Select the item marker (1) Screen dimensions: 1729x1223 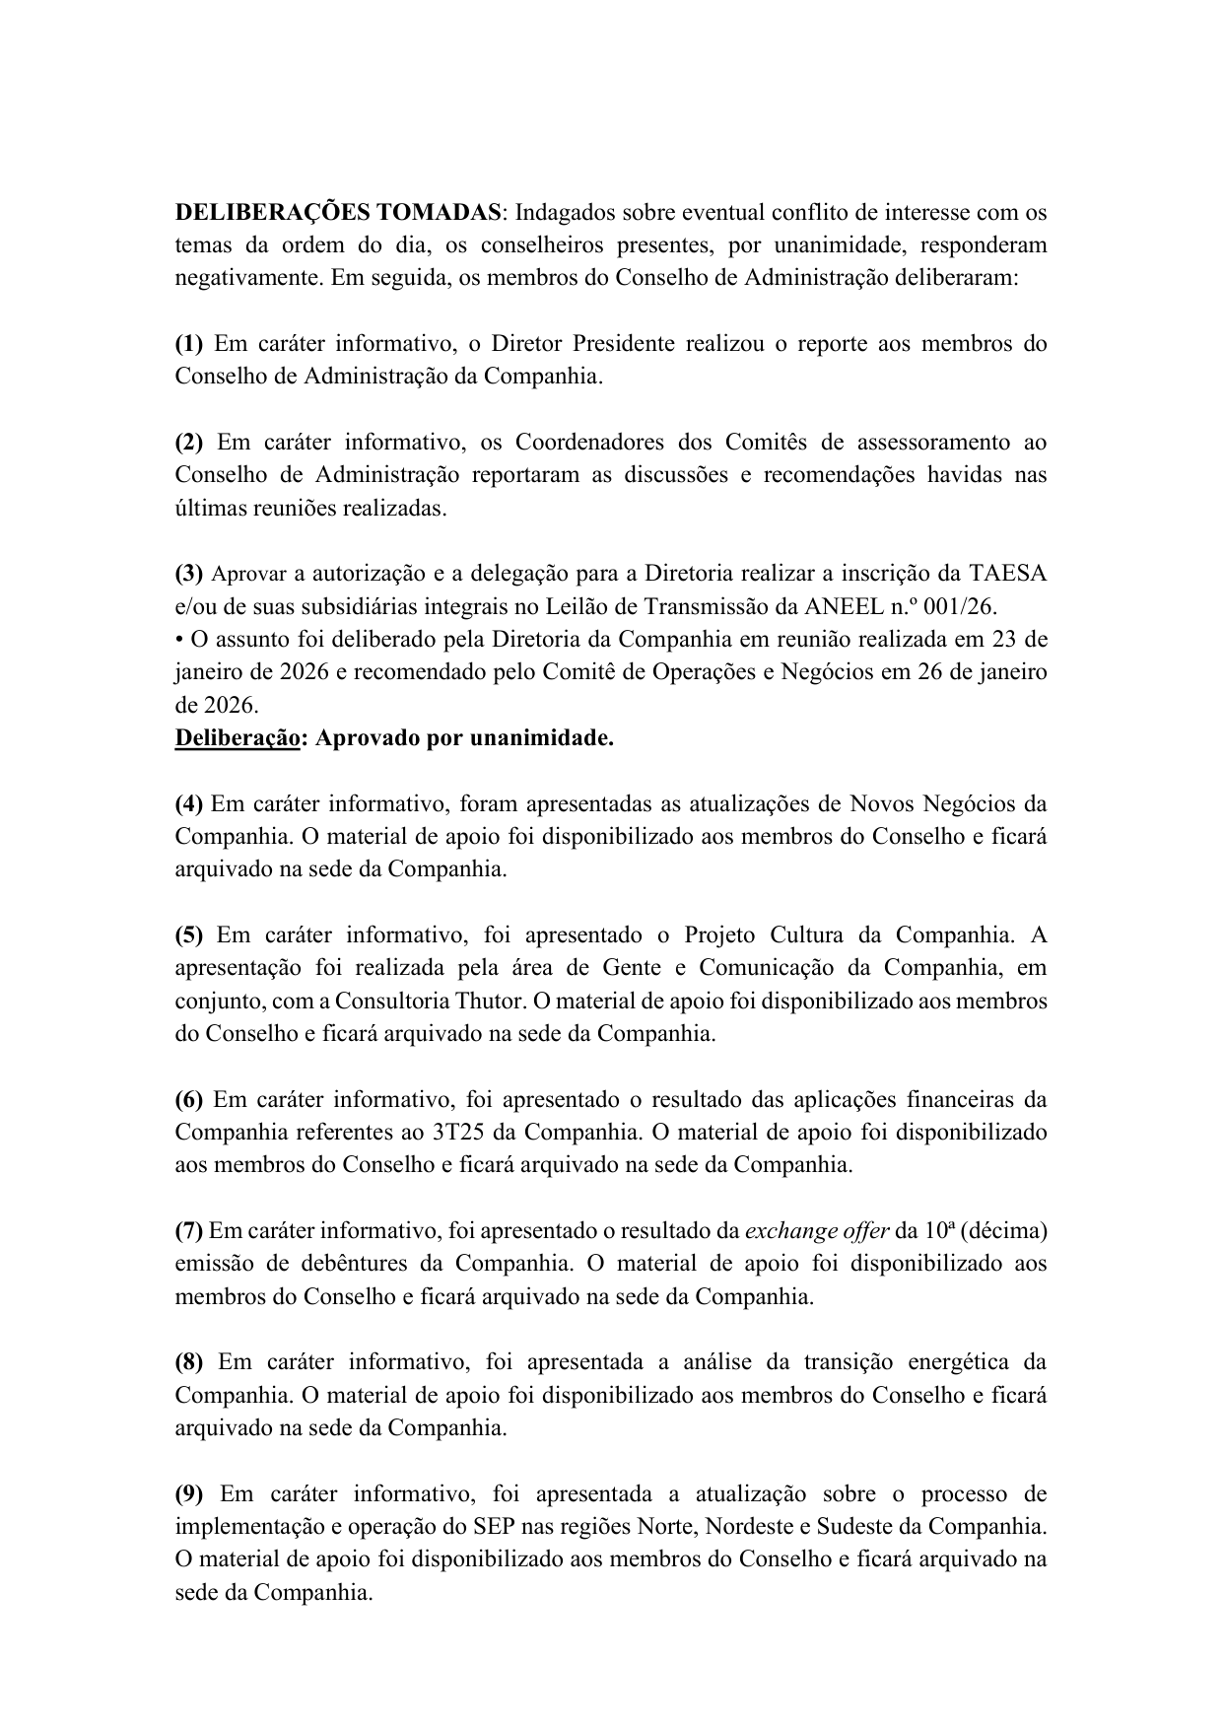pos(188,344)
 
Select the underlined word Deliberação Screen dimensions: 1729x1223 pos(237,738)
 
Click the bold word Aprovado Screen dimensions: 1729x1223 pos(366,738)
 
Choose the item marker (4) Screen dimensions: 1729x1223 pos(188,803)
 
